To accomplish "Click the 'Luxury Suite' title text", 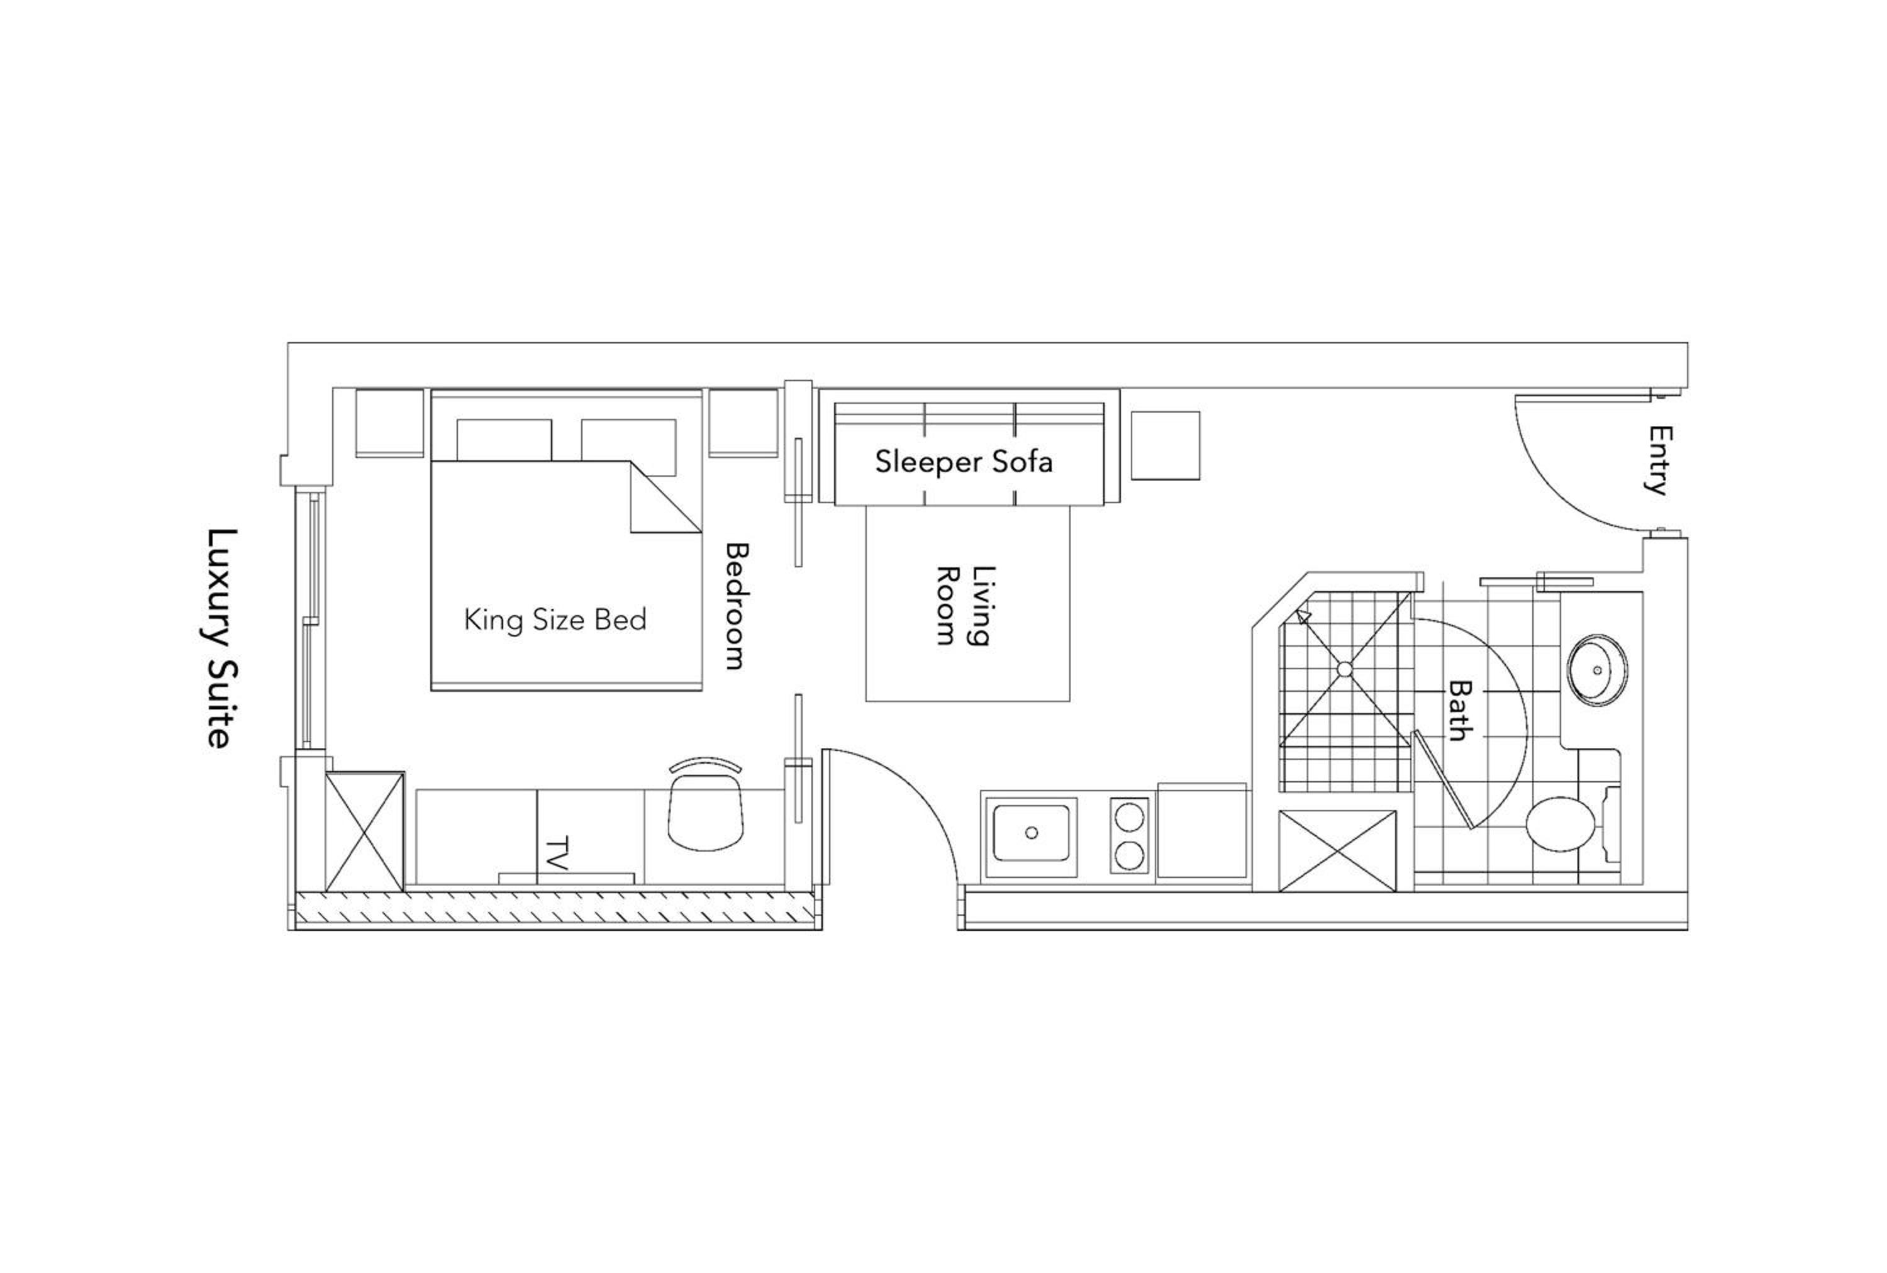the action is coord(220,638).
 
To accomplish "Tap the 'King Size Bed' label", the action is coord(555,620).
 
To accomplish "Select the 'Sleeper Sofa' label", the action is coord(964,462).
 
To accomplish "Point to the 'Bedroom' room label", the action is coord(736,606).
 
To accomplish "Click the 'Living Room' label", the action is coord(964,606).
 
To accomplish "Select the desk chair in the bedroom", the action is coord(706,804).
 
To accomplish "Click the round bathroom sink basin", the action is coord(1597,670).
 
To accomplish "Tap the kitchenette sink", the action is coord(1031,832).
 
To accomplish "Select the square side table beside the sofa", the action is coord(1165,446).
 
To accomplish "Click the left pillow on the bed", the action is coord(504,440).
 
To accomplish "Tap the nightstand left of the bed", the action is coord(390,423).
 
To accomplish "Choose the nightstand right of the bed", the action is coord(743,423).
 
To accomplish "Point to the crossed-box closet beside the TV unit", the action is coord(365,831).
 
